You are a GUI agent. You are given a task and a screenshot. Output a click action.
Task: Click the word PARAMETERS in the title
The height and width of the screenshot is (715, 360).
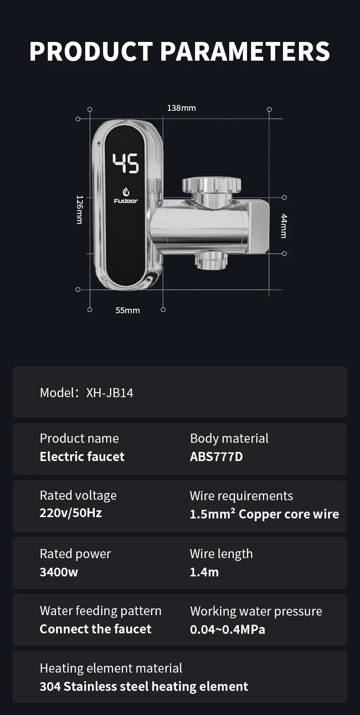pos(245,51)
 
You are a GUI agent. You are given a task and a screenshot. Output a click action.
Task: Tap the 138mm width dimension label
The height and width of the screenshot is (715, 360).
pos(181,108)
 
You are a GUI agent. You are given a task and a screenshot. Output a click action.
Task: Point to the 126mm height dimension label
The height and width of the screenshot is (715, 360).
pos(79,209)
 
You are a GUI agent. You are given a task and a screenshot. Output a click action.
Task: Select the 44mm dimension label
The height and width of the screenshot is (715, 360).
pos(283,226)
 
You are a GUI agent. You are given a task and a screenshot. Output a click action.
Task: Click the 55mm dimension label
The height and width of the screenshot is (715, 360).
pos(128,311)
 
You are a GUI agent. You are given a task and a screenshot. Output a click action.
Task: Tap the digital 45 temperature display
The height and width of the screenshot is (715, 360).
pos(126,163)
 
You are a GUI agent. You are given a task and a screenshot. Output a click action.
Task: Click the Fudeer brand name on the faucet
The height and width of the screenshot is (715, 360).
pos(126,201)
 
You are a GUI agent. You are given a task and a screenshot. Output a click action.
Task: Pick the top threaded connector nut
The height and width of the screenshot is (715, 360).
pos(211,185)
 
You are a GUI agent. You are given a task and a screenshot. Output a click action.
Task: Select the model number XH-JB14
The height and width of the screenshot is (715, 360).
pos(110,393)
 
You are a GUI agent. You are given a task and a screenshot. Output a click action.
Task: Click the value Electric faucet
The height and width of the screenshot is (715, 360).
pos(82,456)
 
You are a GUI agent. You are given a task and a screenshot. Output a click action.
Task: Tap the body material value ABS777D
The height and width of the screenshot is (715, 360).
pos(216,456)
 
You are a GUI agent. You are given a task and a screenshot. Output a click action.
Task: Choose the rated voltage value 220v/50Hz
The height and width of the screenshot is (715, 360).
pos(71,513)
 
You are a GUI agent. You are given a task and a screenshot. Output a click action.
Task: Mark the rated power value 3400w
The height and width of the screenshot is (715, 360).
pos(59,572)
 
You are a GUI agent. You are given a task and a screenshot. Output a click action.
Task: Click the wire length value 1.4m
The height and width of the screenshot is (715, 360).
pos(204,572)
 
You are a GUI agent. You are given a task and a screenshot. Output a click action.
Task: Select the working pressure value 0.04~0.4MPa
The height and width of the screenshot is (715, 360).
pos(227,629)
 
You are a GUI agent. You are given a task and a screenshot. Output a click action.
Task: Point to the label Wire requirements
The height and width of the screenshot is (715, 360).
pos(242,496)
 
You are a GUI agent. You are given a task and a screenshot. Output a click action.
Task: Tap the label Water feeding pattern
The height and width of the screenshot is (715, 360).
pos(101,611)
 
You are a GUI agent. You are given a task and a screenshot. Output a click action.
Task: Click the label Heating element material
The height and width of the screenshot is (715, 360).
pos(111,668)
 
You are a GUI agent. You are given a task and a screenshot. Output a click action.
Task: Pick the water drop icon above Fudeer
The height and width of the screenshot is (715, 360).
pos(126,192)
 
